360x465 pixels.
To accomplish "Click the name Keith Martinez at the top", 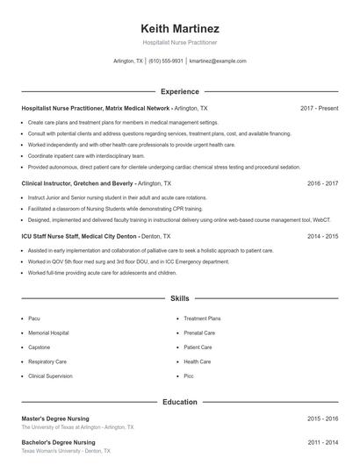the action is tap(180, 25).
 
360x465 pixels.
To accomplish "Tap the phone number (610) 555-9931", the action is tap(165, 61).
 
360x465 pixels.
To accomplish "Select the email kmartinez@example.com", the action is tap(218, 61).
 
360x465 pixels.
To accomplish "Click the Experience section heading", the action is tap(180, 91).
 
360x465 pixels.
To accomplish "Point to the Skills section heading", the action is tap(180, 299).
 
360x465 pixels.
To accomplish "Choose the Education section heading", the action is tap(180, 402).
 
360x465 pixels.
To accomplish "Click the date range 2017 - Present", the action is tap(319, 108).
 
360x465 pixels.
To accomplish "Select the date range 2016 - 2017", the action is tap(322, 183).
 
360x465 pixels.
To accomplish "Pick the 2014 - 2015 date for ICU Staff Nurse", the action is tap(322, 236).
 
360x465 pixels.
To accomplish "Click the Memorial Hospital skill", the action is tap(48, 333).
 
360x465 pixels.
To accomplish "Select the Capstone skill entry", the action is tap(40, 347).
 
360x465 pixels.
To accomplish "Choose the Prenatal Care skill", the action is tap(199, 333).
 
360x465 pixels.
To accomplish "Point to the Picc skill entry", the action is tap(189, 376).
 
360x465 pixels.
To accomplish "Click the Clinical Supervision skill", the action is tap(50, 376).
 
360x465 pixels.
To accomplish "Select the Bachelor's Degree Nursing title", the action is tap(58, 442).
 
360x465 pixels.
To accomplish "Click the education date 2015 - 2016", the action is tap(322, 419).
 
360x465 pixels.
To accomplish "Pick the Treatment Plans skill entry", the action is tap(202, 318).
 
